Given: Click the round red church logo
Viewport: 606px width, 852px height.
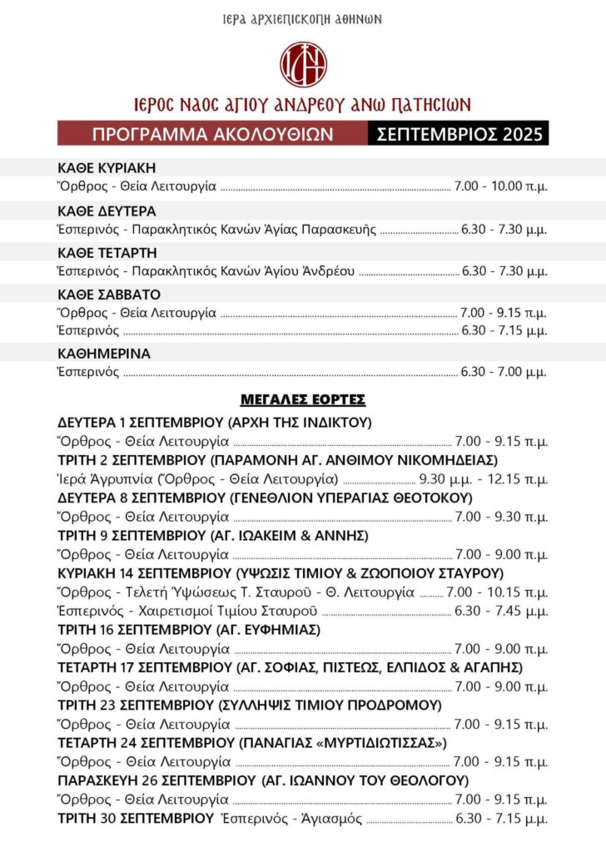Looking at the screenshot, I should pos(303,64).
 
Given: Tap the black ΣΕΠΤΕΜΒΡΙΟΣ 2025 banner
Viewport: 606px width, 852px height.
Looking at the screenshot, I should pos(458,133).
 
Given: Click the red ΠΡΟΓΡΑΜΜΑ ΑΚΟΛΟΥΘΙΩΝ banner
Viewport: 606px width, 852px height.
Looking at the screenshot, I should pos(212,133).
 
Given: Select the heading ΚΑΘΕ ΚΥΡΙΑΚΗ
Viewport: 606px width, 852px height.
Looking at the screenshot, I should pos(107,167).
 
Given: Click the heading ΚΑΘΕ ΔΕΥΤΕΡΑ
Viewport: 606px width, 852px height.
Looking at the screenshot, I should pos(107,211).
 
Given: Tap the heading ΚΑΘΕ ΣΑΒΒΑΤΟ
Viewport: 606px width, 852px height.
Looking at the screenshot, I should pos(109,295).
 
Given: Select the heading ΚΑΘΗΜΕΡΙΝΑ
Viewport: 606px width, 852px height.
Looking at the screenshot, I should pos(104,354).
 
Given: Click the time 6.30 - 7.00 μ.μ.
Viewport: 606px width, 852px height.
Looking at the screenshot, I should pos(504,372).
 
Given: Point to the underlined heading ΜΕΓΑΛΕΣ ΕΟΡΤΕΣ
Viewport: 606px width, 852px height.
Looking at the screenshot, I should pos(303,399).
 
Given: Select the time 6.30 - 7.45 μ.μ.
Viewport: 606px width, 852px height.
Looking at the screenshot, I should pos(504,612).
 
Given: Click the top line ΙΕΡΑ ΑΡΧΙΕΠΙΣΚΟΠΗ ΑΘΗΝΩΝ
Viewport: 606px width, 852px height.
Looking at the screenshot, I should pos(303,18).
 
